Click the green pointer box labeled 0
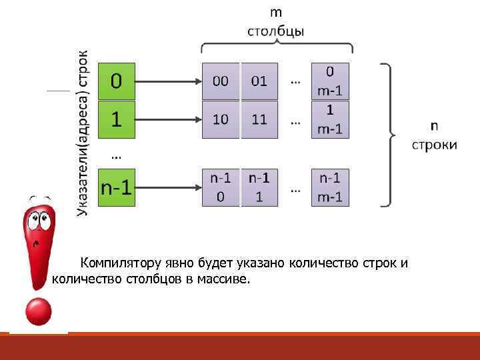tap(117, 81)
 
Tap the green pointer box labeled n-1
tap(117, 187)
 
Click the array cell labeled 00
tap(220, 81)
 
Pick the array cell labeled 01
tap(259, 81)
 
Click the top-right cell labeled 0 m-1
tap(330, 81)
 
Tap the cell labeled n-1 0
tap(220, 187)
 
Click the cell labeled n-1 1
tap(259, 187)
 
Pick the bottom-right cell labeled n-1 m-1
tap(330, 187)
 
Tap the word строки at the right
tap(434, 145)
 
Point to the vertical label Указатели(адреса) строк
tap(83, 133)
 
